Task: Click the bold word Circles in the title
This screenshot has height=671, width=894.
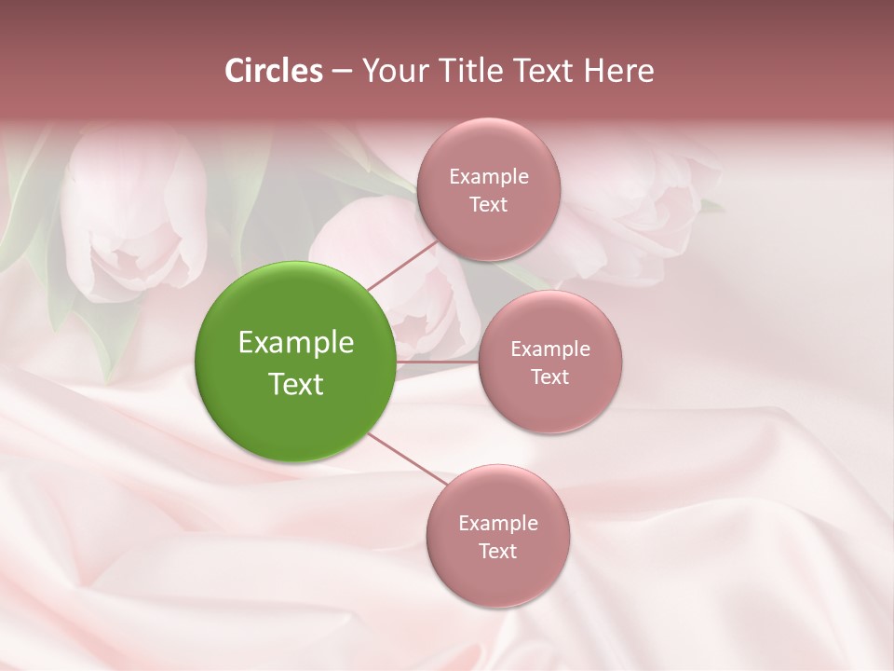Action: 273,71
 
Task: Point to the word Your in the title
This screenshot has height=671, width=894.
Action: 391,71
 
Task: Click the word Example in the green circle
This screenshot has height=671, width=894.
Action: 296,343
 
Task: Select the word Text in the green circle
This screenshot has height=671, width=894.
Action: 296,384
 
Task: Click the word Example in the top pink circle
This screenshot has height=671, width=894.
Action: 489,176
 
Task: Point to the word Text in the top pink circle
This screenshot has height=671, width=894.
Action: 489,204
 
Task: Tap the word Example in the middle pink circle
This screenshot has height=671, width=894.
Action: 550,349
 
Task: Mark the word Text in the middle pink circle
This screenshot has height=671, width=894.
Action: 550,377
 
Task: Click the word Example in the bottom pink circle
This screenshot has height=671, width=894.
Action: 498,523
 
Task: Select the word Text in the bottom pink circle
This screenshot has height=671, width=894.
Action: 498,551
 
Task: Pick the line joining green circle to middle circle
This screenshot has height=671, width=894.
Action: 438,362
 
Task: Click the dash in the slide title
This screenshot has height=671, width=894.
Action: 342,72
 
